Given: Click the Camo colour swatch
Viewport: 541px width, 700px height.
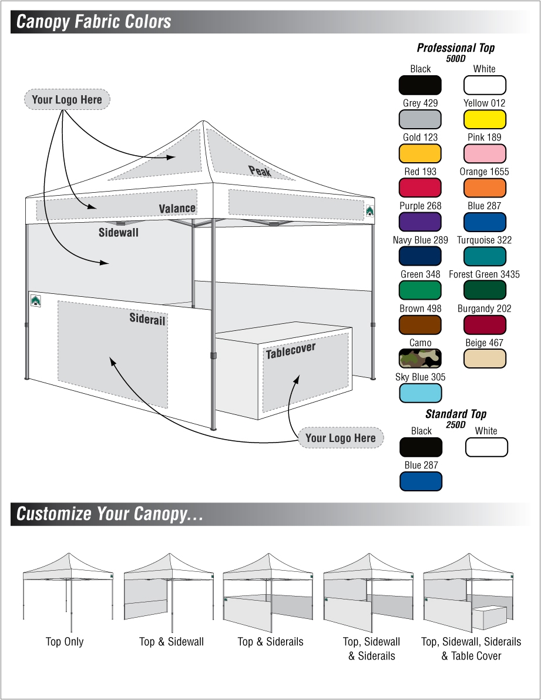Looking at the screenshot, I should point(420,359).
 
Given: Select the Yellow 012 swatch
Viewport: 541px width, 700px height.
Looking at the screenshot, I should point(485,120).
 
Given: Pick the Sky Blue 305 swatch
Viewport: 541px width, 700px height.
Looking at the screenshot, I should point(420,393).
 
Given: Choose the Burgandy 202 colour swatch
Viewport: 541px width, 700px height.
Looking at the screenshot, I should point(485,324).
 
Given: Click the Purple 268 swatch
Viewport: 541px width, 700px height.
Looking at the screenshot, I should point(420,222).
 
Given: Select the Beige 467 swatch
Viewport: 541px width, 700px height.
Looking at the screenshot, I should point(485,359).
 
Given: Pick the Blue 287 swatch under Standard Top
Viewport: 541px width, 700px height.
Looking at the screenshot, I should point(420,481).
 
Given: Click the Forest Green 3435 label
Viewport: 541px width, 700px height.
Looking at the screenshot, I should point(484,274).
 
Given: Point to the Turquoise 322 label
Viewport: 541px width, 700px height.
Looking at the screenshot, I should point(484,240).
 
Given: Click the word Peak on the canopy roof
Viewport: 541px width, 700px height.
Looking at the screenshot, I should point(260,171).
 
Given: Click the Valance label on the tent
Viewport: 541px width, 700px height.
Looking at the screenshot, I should point(177,209).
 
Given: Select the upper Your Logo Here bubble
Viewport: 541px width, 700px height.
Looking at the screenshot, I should point(67,100).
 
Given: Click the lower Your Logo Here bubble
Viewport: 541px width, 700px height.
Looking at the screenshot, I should point(340,438).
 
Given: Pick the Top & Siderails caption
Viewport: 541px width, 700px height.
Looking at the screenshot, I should point(270,642).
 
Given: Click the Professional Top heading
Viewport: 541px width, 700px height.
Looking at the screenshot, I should point(455,48).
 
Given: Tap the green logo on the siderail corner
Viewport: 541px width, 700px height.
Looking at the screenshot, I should point(36,301).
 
